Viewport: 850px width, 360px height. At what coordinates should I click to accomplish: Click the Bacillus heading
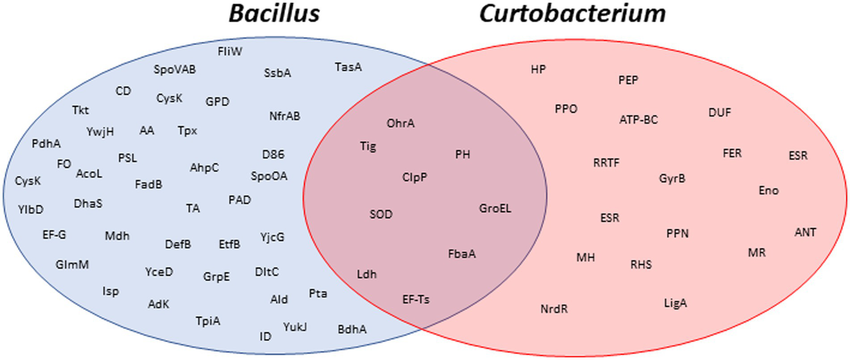point(275,14)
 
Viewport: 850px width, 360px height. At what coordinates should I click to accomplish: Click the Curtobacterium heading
point(572,14)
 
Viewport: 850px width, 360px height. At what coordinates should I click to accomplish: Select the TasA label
point(348,67)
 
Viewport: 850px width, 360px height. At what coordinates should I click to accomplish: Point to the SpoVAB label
point(174,70)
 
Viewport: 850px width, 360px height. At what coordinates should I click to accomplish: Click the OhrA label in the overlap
point(401,123)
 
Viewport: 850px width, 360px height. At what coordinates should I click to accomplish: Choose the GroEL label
point(495,209)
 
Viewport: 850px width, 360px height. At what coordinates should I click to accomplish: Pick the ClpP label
point(415,178)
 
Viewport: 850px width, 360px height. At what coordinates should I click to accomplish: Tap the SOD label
point(381,214)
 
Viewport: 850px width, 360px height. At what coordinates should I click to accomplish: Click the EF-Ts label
point(416,300)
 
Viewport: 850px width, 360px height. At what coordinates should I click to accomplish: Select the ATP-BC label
point(638,119)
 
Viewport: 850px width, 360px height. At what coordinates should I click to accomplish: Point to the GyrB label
point(672,179)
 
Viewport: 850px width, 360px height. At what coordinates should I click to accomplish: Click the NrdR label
point(554,308)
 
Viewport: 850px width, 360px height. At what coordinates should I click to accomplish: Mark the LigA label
point(676,303)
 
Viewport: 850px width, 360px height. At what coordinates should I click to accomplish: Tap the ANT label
point(805,232)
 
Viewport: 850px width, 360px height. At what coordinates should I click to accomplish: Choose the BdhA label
point(352,330)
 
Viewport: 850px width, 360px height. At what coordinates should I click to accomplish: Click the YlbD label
point(30,209)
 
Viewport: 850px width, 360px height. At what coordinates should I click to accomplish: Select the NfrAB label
point(285,116)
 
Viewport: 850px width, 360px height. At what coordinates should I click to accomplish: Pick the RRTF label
point(606,163)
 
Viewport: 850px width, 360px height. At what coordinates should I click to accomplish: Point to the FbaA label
point(462,254)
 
